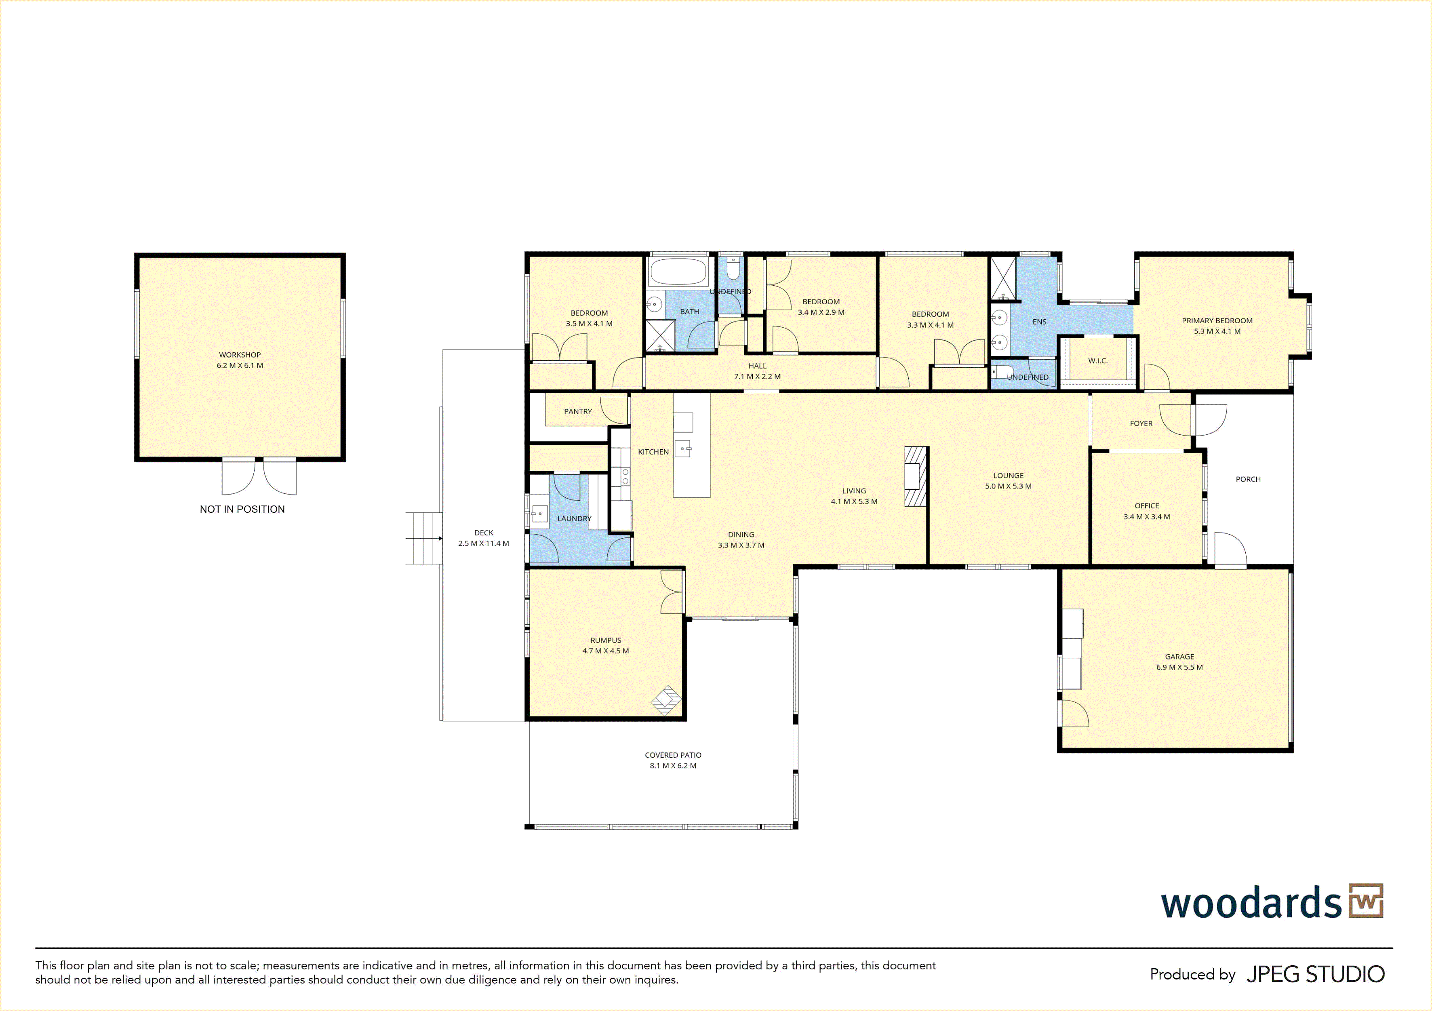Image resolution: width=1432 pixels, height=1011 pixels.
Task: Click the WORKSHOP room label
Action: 240,355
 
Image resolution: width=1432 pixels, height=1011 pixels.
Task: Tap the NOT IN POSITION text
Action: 242,509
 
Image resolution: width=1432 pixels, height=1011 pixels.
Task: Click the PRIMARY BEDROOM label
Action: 1217,320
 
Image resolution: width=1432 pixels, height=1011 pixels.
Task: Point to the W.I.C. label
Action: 1098,360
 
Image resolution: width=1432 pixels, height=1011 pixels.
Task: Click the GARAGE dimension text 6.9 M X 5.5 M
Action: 1179,668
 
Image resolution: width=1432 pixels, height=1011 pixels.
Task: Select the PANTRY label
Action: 577,412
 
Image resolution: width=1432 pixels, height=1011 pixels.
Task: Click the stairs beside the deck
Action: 424,538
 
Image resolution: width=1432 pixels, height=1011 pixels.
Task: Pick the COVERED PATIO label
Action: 673,755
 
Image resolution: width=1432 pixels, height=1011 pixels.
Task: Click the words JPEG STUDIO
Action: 1315,974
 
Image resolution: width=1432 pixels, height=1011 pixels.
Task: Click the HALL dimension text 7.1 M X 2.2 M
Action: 757,377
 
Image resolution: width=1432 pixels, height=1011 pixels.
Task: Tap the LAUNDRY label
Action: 575,518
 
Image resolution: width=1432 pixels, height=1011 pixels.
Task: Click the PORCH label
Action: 1248,479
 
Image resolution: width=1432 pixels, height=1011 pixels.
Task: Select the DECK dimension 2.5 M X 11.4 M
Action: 483,543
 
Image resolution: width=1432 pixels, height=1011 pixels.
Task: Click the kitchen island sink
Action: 683,449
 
